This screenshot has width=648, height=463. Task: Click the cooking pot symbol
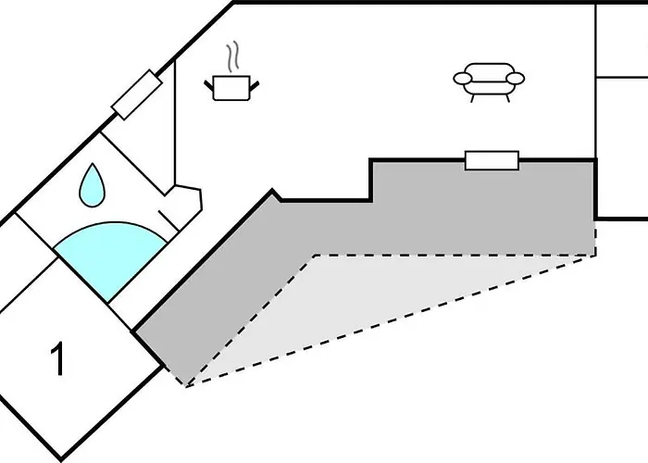[231, 88]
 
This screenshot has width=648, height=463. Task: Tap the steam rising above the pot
[233, 56]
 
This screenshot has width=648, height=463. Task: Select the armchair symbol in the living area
[489, 82]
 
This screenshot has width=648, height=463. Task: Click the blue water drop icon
[92, 185]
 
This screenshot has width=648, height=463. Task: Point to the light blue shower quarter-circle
[111, 257]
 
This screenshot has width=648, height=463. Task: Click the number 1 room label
[57, 358]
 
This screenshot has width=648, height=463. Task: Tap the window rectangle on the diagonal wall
[137, 95]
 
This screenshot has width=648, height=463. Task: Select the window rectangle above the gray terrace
[492, 160]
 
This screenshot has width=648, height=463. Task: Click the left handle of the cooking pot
[208, 85]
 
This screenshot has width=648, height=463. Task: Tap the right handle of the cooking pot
[255, 85]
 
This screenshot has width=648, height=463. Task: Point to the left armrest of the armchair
[462, 78]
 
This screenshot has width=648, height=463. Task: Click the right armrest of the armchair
[516, 78]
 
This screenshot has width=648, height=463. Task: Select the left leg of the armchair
[472, 98]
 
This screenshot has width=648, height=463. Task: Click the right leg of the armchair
[507, 98]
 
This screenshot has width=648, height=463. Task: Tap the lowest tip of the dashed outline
[187, 386]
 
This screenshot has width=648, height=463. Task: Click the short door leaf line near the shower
[168, 220]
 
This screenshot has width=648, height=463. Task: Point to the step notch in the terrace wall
[371, 181]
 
